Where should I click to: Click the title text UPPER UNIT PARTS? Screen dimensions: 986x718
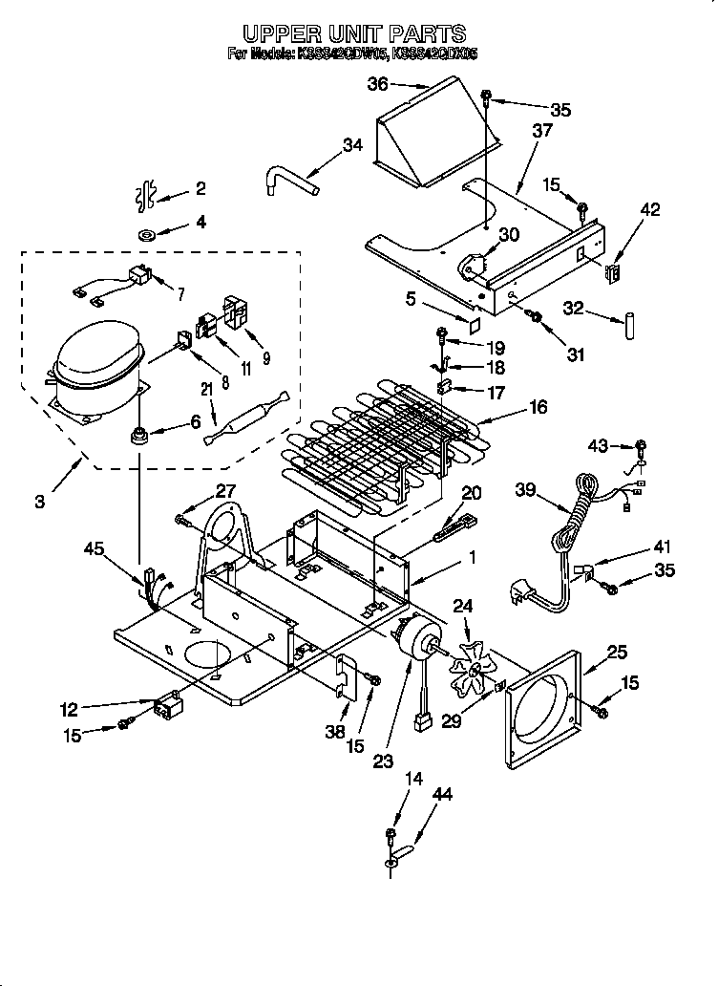coord(353,35)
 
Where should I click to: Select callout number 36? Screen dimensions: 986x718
coord(378,84)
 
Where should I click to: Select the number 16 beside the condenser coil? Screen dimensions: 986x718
coord(538,408)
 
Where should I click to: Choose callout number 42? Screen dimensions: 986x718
coord(649,210)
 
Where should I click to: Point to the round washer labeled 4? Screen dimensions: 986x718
coord(148,235)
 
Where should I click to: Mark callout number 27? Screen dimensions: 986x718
coord(224,490)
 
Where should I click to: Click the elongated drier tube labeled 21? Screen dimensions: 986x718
coord(244,417)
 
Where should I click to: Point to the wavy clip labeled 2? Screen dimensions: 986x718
coord(146,195)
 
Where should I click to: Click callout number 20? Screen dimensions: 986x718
coord(472,493)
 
